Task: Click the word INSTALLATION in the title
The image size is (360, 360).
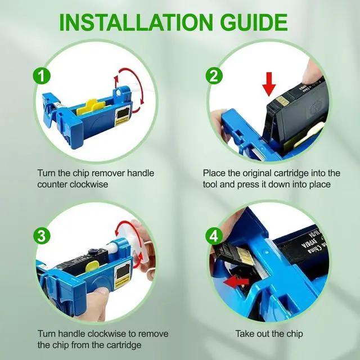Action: [136, 22]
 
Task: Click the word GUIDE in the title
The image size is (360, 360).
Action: [254, 22]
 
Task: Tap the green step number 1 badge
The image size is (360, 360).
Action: [42, 76]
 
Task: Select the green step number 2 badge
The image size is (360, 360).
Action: [214, 76]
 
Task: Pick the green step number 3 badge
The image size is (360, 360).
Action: [42, 236]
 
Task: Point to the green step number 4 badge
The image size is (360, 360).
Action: [214, 236]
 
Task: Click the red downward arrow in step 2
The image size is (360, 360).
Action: [269, 84]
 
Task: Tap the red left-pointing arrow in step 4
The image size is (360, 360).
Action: [236, 281]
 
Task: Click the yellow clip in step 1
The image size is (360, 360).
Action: [90, 106]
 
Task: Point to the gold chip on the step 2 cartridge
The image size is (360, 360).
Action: [280, 100]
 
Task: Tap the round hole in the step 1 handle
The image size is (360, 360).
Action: [119, 92]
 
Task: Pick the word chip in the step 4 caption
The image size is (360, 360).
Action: [295, 334]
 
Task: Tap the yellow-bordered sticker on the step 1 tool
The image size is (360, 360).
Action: [123, 116]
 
